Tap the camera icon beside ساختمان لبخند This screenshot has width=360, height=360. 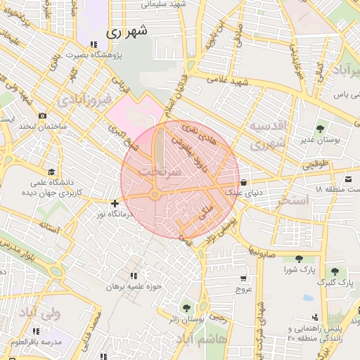pyautogui.click(x=43, y=115)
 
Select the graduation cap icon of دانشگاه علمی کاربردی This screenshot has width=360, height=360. pyautogui.click(x=51, y=172)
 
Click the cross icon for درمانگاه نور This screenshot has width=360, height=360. pyautogui.click(x=115, y=203)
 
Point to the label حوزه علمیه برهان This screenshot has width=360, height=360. pyautogui.click(x=134, y=287)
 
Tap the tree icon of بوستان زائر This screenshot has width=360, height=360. pyautogui.click(x=186, y=308)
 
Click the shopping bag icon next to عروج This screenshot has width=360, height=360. pyautogui.click(x=244, y=278)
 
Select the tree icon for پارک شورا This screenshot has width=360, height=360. pyautogui.click(x=300, y=259)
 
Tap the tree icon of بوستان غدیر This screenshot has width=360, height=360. pyautogui.click(x=321, y=129)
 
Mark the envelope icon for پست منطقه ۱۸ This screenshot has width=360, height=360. pyautogui.click(x=349, y=178)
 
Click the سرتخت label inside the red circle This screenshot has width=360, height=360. pyautogui.click(x=160, y=171)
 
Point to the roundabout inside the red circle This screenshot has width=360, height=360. pyautogui.click(x=154, y=196)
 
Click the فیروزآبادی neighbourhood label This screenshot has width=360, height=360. pyautogui.click(x=85, y=100)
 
